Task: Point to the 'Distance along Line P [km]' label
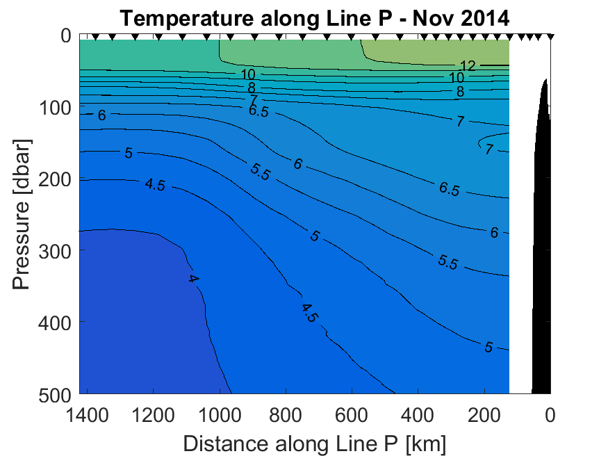click(x=314, y=443)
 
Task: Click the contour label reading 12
click(x=468, y=66)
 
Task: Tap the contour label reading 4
click(x=193, y=279)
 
